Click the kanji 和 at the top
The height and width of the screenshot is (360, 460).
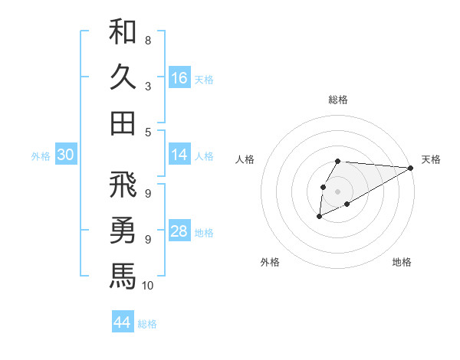coord(123,33)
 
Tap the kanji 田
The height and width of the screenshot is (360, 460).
coord(123,123)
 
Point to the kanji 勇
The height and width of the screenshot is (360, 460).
coord(123,230)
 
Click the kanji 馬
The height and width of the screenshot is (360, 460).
coord(123,275)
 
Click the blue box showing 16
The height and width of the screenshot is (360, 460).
coord(179,78)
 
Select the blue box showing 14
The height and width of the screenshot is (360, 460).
coord(179,155)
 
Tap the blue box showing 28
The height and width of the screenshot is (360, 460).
coord(179,232)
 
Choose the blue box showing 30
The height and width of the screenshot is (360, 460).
coord(66,155)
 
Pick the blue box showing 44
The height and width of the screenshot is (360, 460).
coord(123,322)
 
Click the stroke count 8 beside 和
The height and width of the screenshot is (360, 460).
coord(148,41)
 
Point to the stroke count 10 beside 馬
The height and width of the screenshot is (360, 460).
coord(148,286)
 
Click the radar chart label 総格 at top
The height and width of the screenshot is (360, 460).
coord(338,100)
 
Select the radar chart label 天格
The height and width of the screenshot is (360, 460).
coord(431,159)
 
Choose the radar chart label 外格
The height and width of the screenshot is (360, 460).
coord(270,262)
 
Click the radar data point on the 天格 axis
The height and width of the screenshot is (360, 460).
coord(411,168)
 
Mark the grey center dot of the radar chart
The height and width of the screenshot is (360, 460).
coord(337,191)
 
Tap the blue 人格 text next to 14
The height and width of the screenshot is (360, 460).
coord(204,155)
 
